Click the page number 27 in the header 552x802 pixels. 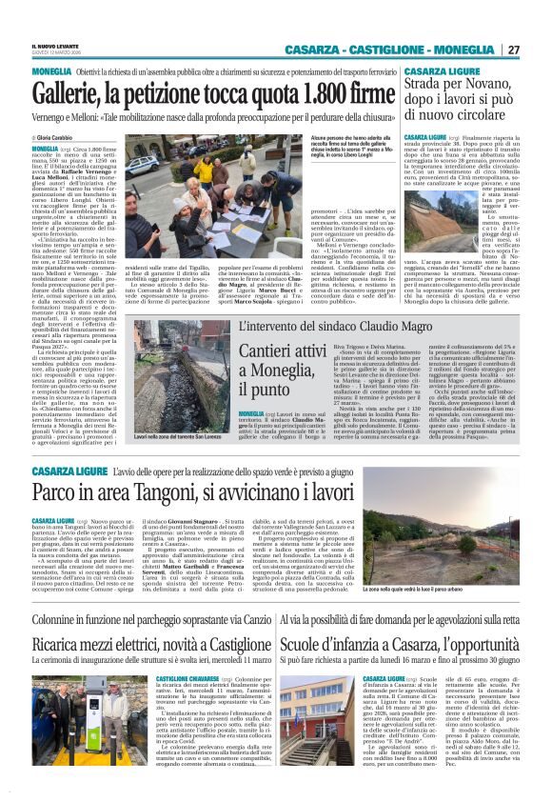(513, 50)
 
